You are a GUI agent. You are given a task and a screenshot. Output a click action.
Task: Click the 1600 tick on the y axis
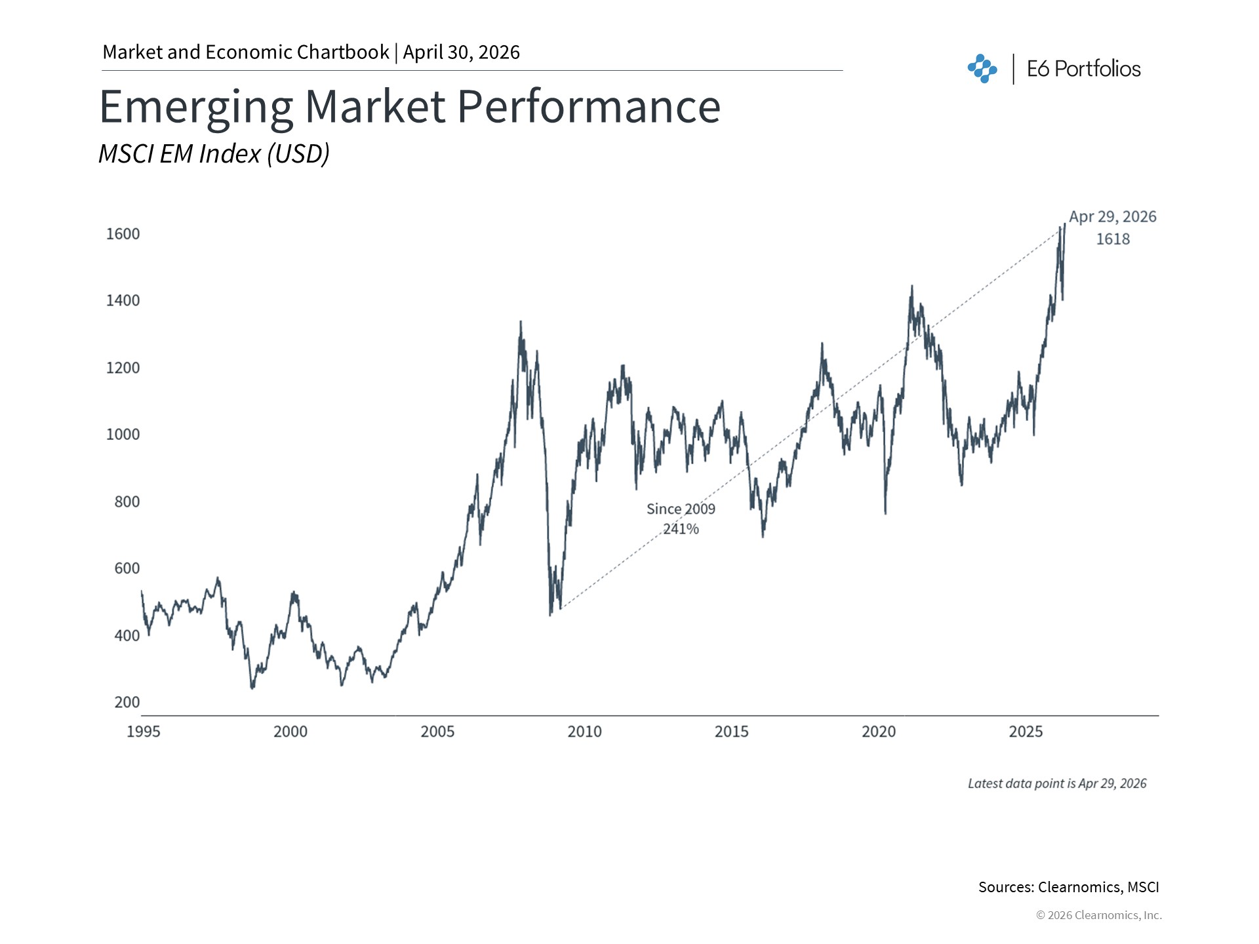pyautogui.click(x=123, y=234)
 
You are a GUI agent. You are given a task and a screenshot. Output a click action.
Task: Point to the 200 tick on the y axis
pyautogui.click(x=127, y=702)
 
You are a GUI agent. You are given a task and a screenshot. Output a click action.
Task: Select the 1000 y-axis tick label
pyautogui.click(x=123, y=435)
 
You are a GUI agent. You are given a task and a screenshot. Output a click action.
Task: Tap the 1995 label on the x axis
pyautogui.click(x=143, y=732)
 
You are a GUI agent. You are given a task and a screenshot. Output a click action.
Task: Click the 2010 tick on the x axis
pyautogui.click(x=584, y=732)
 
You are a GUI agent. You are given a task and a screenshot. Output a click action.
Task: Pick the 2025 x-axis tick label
pyautogui.click(x=1026, y=732)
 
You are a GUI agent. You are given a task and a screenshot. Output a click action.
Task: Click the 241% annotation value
pyautogui.click(x=681, y=529)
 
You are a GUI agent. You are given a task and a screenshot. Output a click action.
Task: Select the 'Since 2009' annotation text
pyautogui.click(x=681, y=509)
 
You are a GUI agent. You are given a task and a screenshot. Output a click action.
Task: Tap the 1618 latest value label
pyautogui.click(x=1113, y=239)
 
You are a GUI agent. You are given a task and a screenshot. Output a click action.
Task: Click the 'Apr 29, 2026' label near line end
pyautogui.click(x=1113, y=217)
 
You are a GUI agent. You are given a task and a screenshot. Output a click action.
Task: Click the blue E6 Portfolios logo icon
pyautogui.click(x=982, y=69)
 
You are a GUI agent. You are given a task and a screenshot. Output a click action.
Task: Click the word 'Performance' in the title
pyautogui.click(x=588, y=107)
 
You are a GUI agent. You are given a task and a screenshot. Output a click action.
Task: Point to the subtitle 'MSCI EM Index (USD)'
pyautogui.click(x=214, y=153)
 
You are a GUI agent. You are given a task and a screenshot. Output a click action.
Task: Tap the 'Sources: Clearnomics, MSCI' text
pyautogui.click(x=1068, y=887)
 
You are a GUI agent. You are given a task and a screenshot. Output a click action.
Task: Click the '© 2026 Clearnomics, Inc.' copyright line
pyautogui.click(x=1098, y=915)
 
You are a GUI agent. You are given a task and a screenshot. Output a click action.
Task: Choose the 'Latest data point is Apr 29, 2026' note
pyautogui.click(x=1057, y=783)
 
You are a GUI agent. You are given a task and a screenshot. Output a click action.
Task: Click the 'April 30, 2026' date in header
pyautogui.click(x=462, y=52)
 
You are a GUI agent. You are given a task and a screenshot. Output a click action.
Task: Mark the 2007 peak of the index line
pyautogui.click(x=521, y=322)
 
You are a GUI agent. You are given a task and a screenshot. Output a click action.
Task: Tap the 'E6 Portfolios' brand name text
pyautogui.click(x=1083, y=69)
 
